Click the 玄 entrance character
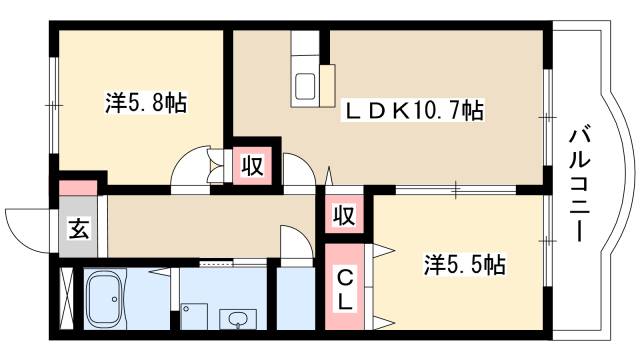(77, 227)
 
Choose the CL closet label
(342, 286)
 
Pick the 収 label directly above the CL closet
(342, 214)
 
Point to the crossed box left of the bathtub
(68, 298)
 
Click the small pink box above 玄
(76, 187)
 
